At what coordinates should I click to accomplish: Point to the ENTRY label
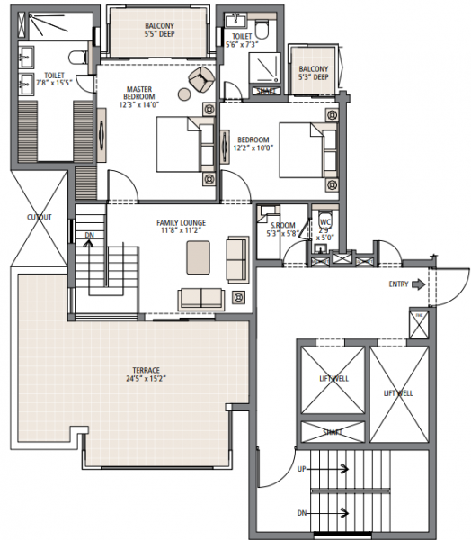399,284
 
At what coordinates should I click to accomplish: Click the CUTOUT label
39,217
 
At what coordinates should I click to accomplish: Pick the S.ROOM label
271,225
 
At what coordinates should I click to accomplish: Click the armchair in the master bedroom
200,83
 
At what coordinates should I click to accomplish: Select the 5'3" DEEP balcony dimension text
314,77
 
